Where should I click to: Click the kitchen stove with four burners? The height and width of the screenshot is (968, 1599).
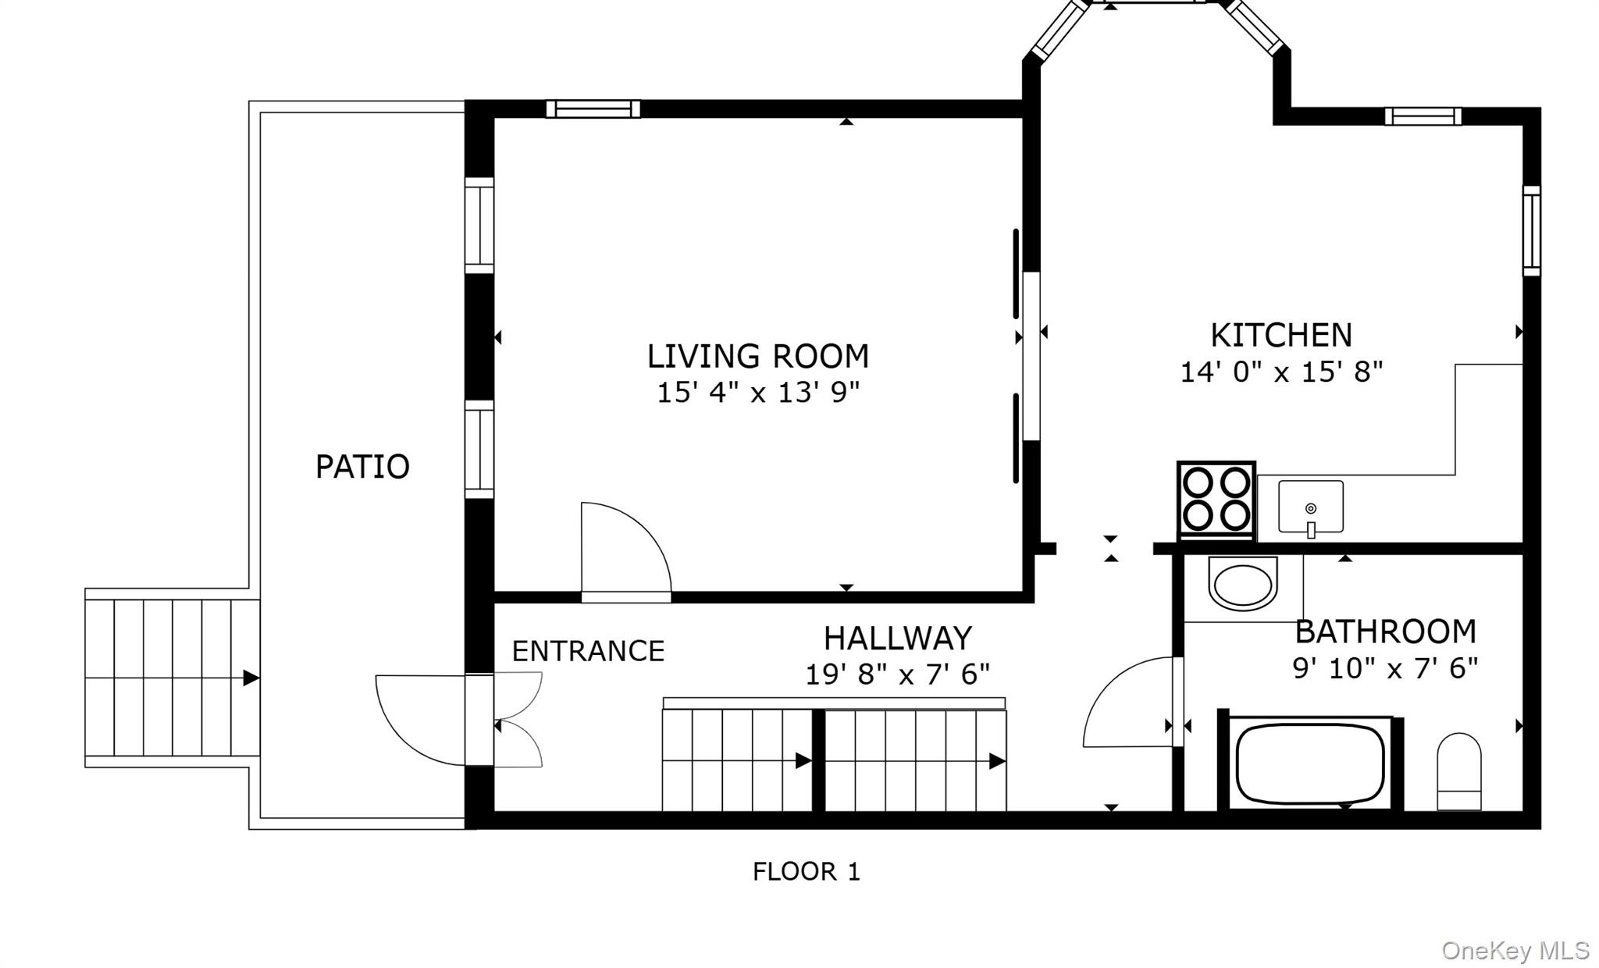1216,500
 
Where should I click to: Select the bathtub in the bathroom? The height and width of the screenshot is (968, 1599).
1310,763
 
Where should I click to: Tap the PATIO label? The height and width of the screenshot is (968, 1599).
362,467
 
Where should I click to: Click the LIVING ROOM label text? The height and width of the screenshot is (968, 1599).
757,356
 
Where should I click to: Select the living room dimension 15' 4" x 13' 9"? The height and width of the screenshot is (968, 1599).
757,393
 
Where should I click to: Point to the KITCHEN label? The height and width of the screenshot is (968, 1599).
1281,335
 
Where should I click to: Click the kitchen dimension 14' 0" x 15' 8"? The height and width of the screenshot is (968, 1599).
1281,372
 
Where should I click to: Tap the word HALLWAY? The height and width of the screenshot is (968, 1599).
898,638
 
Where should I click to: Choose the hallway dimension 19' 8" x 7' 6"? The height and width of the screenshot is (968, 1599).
898,674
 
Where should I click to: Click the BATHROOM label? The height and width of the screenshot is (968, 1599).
1386,632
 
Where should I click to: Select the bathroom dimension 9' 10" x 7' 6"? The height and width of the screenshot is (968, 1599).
1386,668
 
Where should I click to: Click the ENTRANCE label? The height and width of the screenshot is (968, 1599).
588,650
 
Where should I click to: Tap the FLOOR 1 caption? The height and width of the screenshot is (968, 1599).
807,871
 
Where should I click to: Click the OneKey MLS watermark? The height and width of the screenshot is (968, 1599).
1515,950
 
